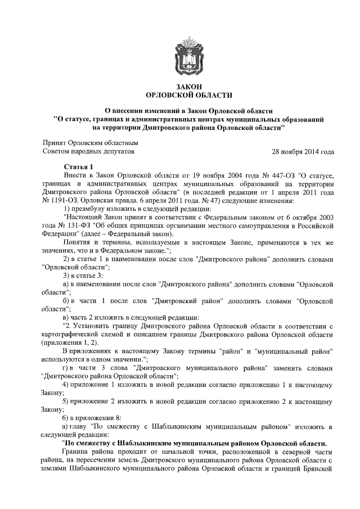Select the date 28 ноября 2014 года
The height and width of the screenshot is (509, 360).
tap(303, 152)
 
